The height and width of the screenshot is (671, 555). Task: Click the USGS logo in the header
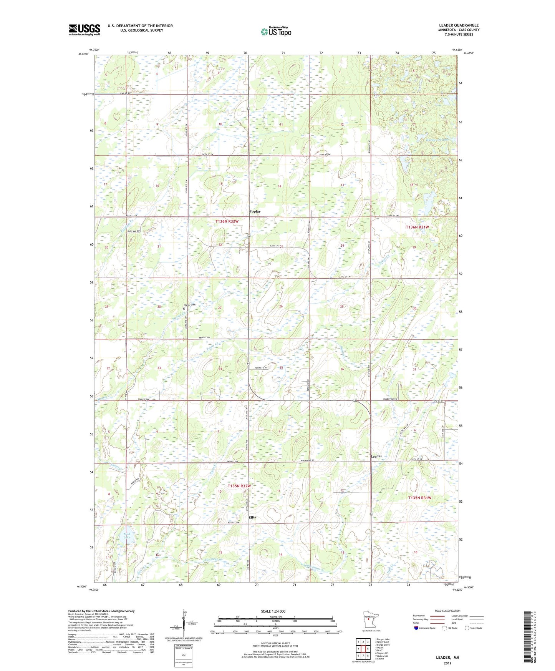tap(84, 30)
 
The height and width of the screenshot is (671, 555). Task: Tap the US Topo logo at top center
tap(275, 32)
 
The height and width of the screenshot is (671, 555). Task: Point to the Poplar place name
tap(255, 212)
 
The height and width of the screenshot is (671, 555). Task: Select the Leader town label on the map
tap(376, 456)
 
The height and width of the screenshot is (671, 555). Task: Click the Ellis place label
tap(252, 517)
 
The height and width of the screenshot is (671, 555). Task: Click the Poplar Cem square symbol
tap(184, 308)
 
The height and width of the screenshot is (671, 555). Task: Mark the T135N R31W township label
tap(420, 498)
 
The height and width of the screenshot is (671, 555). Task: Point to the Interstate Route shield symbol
tap(416, 628)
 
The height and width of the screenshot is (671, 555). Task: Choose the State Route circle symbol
tap(467, 628)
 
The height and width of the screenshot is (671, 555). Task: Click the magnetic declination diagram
tap(183, 623)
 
